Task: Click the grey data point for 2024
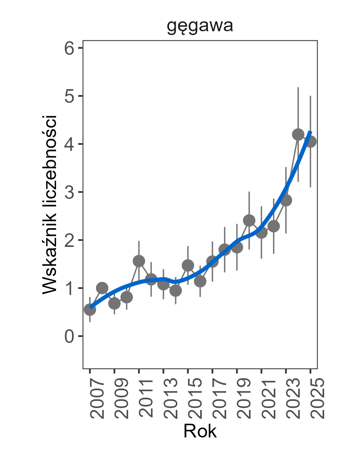coord(298,134)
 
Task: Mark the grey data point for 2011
coord(139,261)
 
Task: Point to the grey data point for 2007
coord(90,310)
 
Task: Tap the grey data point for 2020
coord(249,220)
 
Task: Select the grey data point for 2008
coord(102,288)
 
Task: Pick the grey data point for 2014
coord(175,291)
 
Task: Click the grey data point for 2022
coord(273,226)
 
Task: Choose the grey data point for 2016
coord(200,281)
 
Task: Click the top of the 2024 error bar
coord(298,87)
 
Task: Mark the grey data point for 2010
coord(127,297)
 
